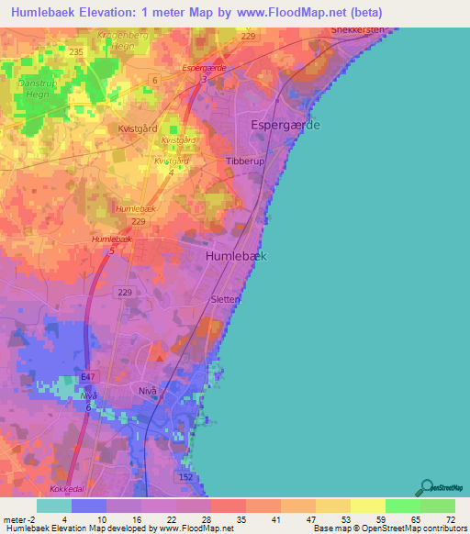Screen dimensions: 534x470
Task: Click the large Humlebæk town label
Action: (236, 257)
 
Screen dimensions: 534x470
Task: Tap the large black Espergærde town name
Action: (285, 125)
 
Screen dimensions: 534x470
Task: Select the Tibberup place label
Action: (245, 161)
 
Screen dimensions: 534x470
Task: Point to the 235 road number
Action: (76, 52)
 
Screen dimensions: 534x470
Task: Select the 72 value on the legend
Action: (450, 520)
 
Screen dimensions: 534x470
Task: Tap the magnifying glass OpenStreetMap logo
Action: (426, 487)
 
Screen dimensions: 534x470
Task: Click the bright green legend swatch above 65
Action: (403, 506)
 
